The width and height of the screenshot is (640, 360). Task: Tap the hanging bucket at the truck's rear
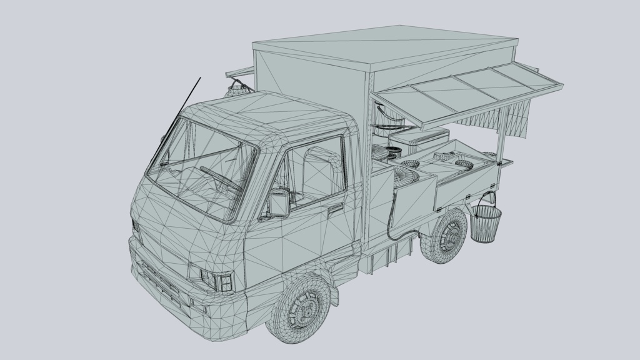[x=486, y=224]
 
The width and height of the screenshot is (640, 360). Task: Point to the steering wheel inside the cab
[x=220, y=177]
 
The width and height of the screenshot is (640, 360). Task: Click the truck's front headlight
[x=216, y=279]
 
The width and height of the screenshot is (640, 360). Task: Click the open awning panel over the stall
[x=469, y=94]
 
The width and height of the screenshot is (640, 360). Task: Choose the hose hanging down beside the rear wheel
[x=392, y=219]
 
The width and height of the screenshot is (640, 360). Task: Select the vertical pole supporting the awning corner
[x=501, y=134]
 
